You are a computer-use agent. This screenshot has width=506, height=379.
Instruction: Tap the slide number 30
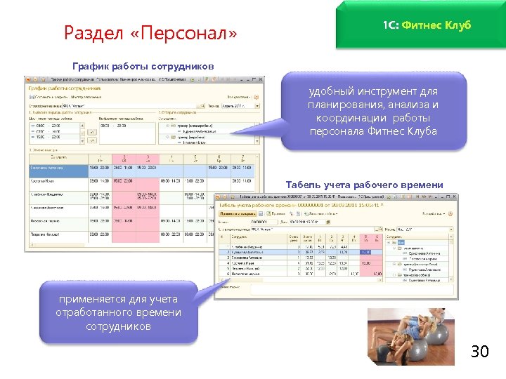coord(479,351)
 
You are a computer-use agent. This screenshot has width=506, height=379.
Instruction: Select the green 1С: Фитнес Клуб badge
coord(427,25)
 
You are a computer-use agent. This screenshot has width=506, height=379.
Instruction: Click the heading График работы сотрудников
coord(143,66)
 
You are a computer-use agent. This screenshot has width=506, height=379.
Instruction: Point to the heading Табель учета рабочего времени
coord(365,185)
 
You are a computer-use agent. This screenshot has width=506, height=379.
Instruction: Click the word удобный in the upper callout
coord(334,91)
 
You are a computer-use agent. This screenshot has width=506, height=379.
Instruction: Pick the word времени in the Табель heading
coord(423,185)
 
